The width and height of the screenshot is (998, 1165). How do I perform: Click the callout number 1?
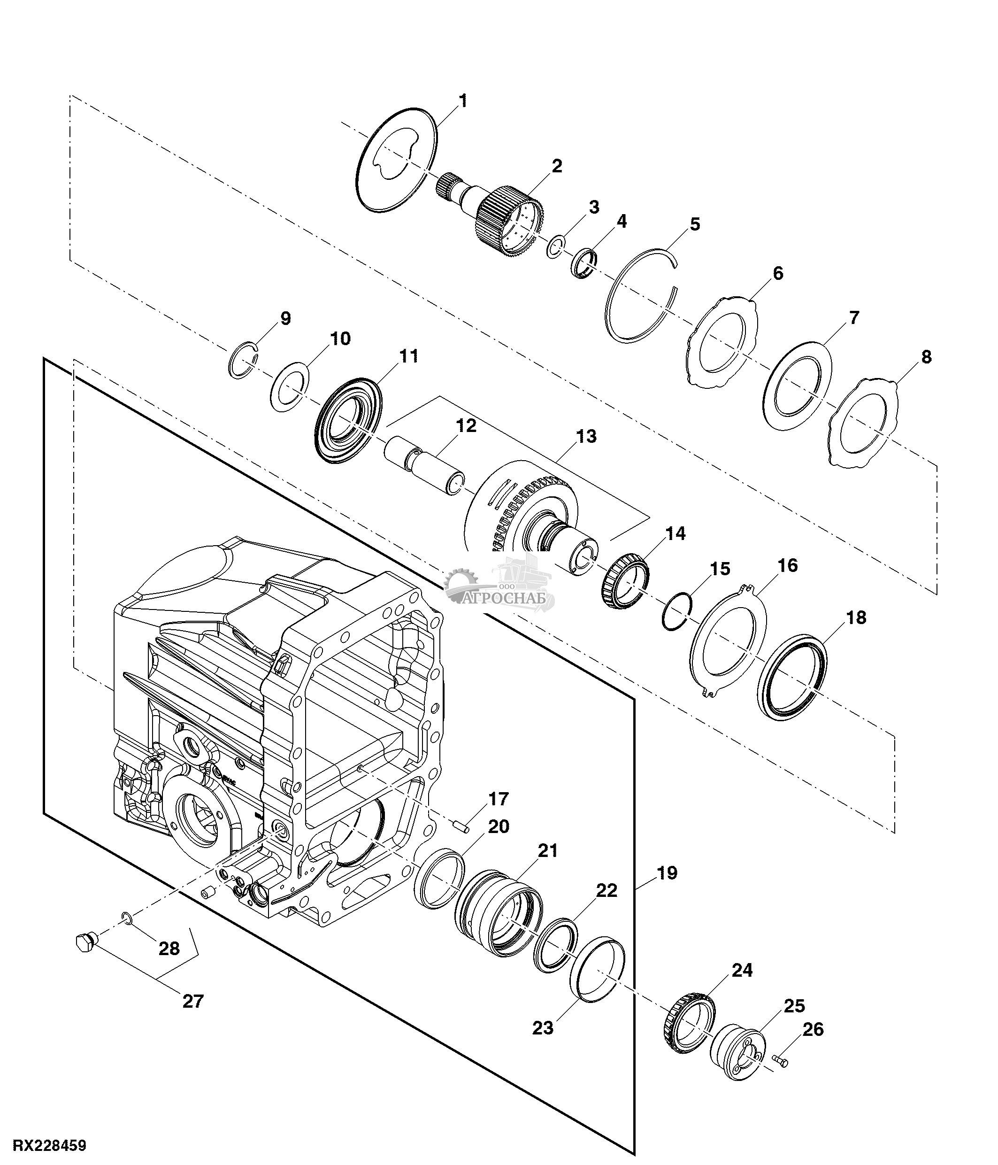click(x=462, y=101)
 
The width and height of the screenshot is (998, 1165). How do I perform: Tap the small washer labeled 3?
click(x=555, y=246)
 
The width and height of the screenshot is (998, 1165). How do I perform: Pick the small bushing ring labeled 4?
click(x=585, y=262)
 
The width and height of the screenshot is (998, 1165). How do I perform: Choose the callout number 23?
click(x=543, y=1028)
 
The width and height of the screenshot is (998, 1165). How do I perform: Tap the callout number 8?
click(x=926, y=356)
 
